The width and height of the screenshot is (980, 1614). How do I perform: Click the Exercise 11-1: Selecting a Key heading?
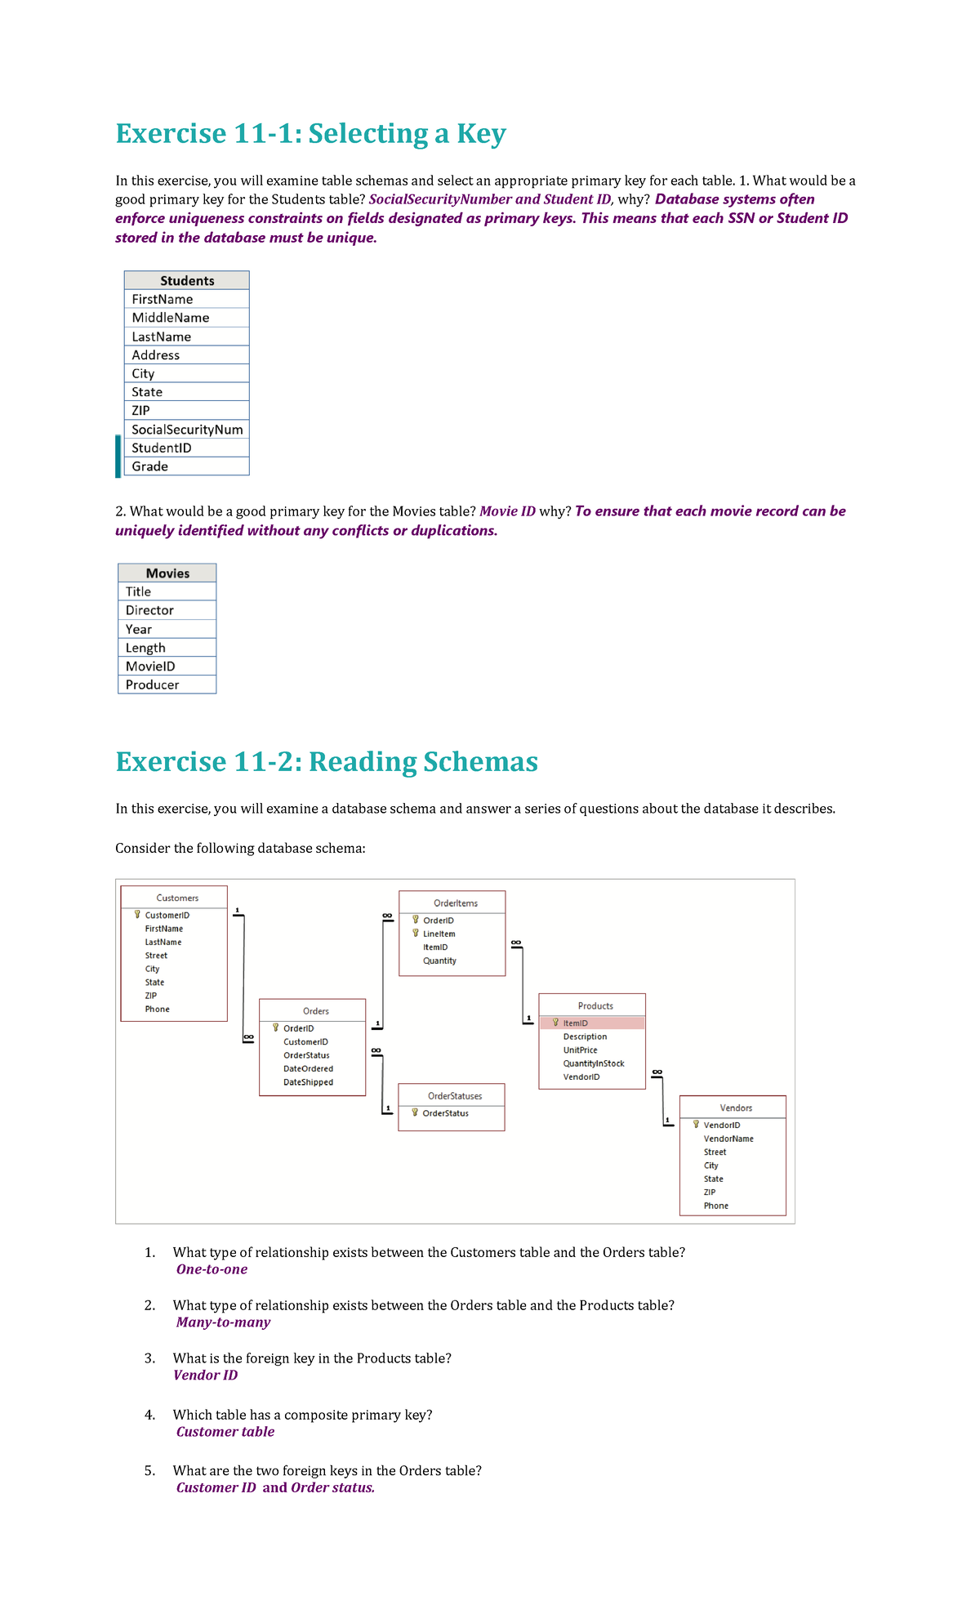click(310, 133)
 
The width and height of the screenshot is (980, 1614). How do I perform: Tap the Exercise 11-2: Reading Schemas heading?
click(326, 761)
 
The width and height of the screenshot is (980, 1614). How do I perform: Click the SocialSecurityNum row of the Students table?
click(187, 430)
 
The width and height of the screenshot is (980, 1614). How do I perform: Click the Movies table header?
click(167, 573)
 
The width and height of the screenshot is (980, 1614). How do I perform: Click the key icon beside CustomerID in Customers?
click(137, 915)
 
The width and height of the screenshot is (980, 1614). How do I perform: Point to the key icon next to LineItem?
click(415, 933)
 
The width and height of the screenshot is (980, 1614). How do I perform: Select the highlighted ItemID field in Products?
click(575, 1023)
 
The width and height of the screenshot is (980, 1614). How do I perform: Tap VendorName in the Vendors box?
click(728, 1139)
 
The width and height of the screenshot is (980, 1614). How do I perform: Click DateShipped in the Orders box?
click(308, 1082)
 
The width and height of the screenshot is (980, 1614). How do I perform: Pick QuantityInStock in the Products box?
click(594, 1063)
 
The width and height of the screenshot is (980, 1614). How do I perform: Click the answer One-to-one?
click(212, 1269)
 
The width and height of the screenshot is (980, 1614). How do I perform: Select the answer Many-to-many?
click(223, 1322)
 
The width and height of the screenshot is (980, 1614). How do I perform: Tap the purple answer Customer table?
click(225, 1432)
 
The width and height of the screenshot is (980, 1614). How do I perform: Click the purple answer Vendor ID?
click(206, 1375)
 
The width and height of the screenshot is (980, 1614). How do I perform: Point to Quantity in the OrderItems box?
click(439, 961)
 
